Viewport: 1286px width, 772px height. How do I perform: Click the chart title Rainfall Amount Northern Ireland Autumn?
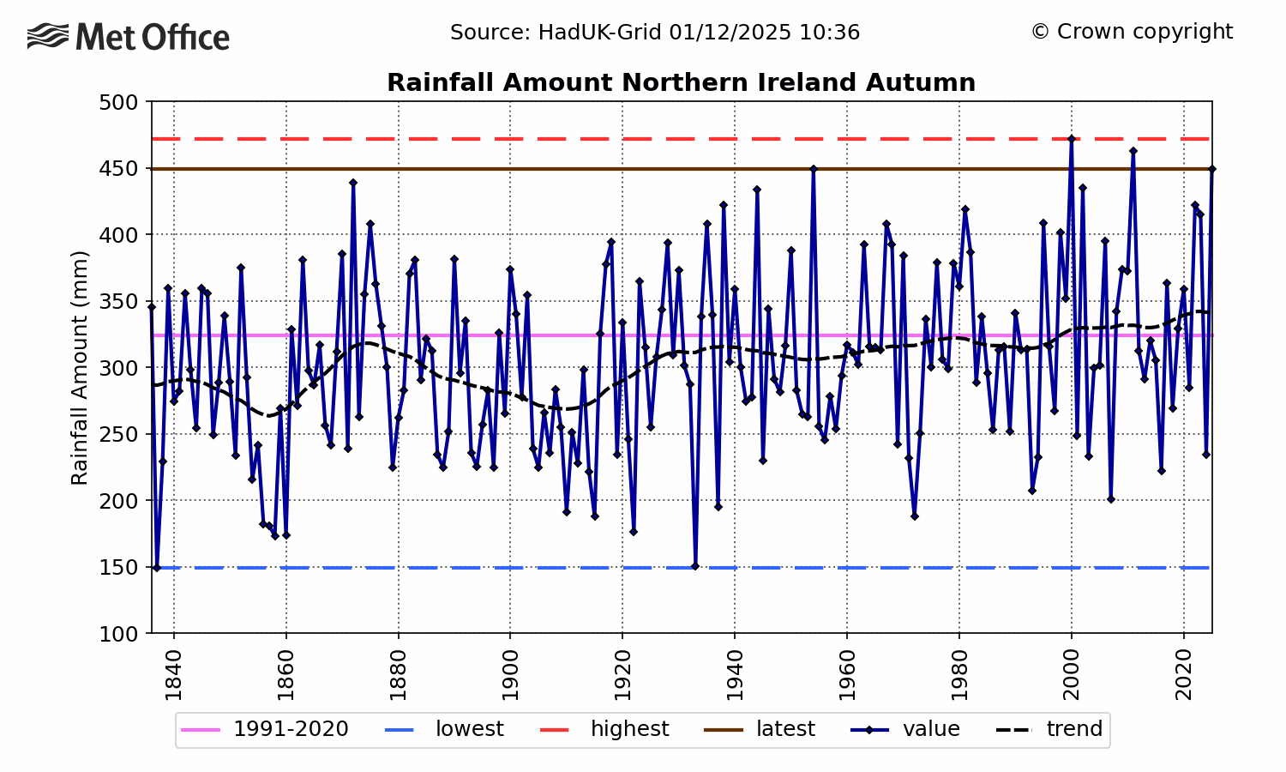(681, 83)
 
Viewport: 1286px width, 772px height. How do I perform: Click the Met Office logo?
(129, 37)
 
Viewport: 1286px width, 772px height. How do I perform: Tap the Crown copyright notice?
(1132, 32)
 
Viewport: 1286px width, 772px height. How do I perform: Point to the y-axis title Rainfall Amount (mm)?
(80, 367)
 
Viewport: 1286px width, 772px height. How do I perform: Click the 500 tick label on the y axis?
(119, 102)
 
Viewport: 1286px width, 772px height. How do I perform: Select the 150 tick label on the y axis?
(119, 567)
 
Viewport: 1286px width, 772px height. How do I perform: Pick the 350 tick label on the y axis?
(119, 301)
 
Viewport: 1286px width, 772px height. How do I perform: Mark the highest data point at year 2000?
(1072, 139)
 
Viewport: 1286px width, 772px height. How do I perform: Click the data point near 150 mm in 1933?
(695, 566)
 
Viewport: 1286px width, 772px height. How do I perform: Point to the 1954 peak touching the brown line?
(814, 169)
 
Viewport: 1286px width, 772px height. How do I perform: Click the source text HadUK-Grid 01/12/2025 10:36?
(655, 33)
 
